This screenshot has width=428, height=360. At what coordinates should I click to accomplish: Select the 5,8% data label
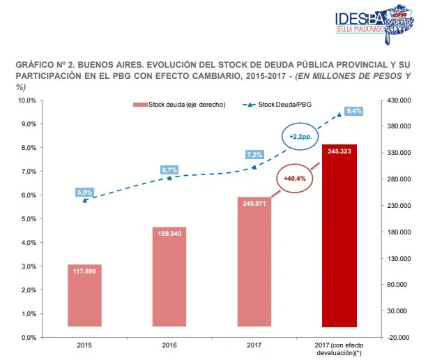point(85,192)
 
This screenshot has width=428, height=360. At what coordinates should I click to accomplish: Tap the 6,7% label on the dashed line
point(169,170)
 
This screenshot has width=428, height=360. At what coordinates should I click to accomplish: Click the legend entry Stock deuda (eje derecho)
point(180,105)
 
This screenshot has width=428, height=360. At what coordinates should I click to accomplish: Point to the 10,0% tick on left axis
point(26,100)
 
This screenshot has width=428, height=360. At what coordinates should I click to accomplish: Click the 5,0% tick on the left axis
point(27,219)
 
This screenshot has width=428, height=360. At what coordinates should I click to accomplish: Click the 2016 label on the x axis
point(169,345)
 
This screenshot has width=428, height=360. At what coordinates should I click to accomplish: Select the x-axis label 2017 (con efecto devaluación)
point(339,349)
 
